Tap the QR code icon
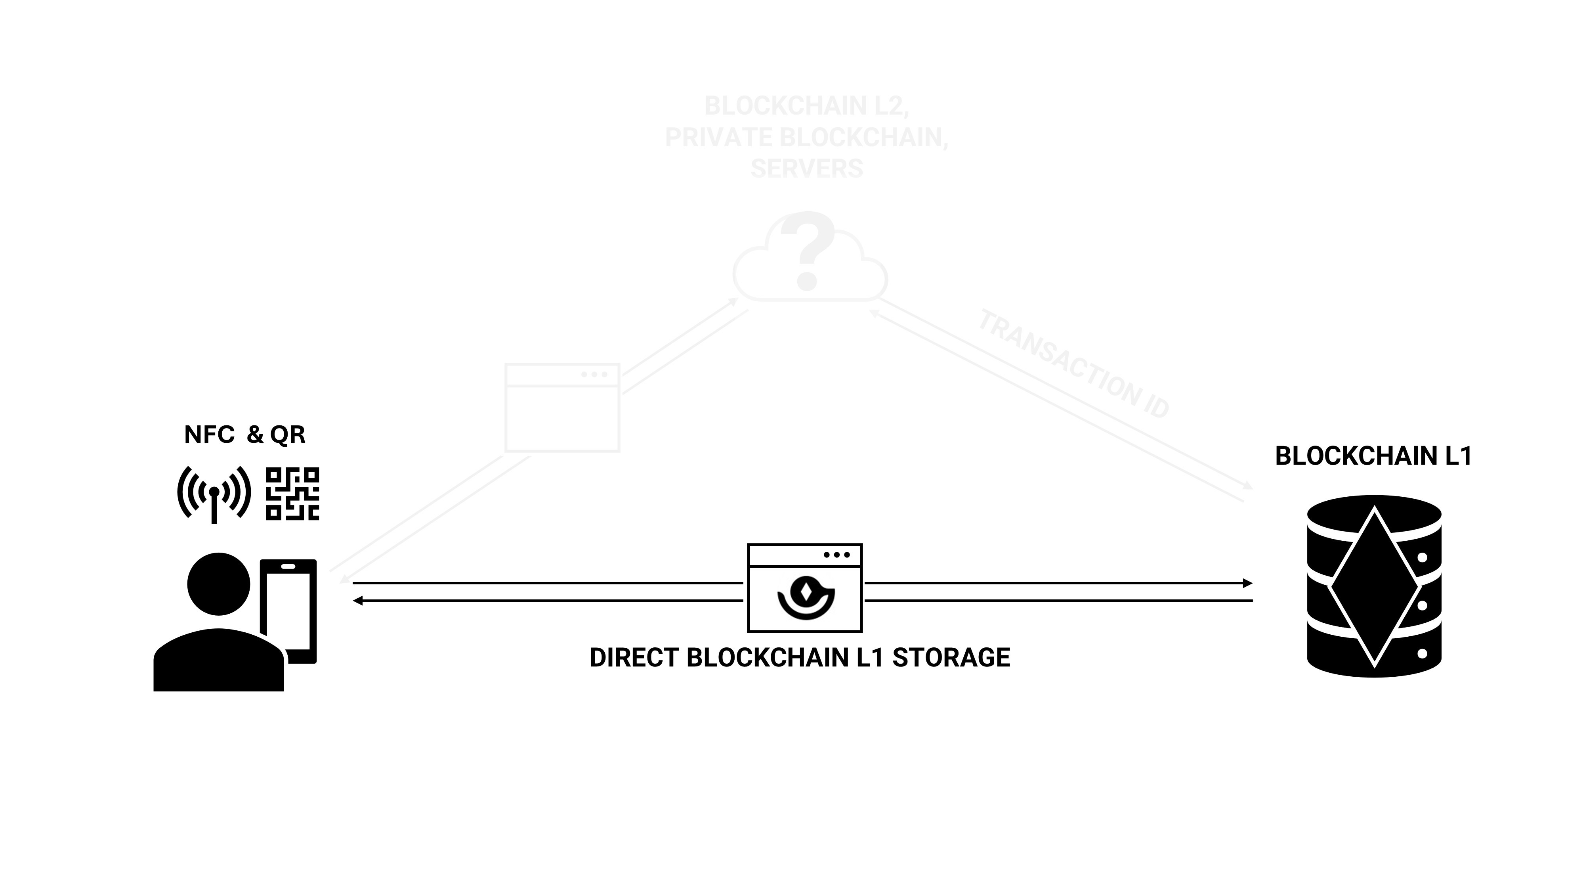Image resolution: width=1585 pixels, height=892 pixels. [292, 494]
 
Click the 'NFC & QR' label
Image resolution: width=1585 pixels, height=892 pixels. [244, 435]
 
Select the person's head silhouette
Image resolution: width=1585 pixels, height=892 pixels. [218, 584]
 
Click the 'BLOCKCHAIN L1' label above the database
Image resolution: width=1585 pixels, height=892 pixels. [1373, 456]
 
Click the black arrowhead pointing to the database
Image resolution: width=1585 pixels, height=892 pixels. [1247, 583]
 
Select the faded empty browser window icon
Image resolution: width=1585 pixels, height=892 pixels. [562, 408]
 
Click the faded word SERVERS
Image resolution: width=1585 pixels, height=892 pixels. [807, 168]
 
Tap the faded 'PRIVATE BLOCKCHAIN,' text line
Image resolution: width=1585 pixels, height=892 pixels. [807, 137]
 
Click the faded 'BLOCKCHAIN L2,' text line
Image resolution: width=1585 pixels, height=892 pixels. [807, 106]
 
